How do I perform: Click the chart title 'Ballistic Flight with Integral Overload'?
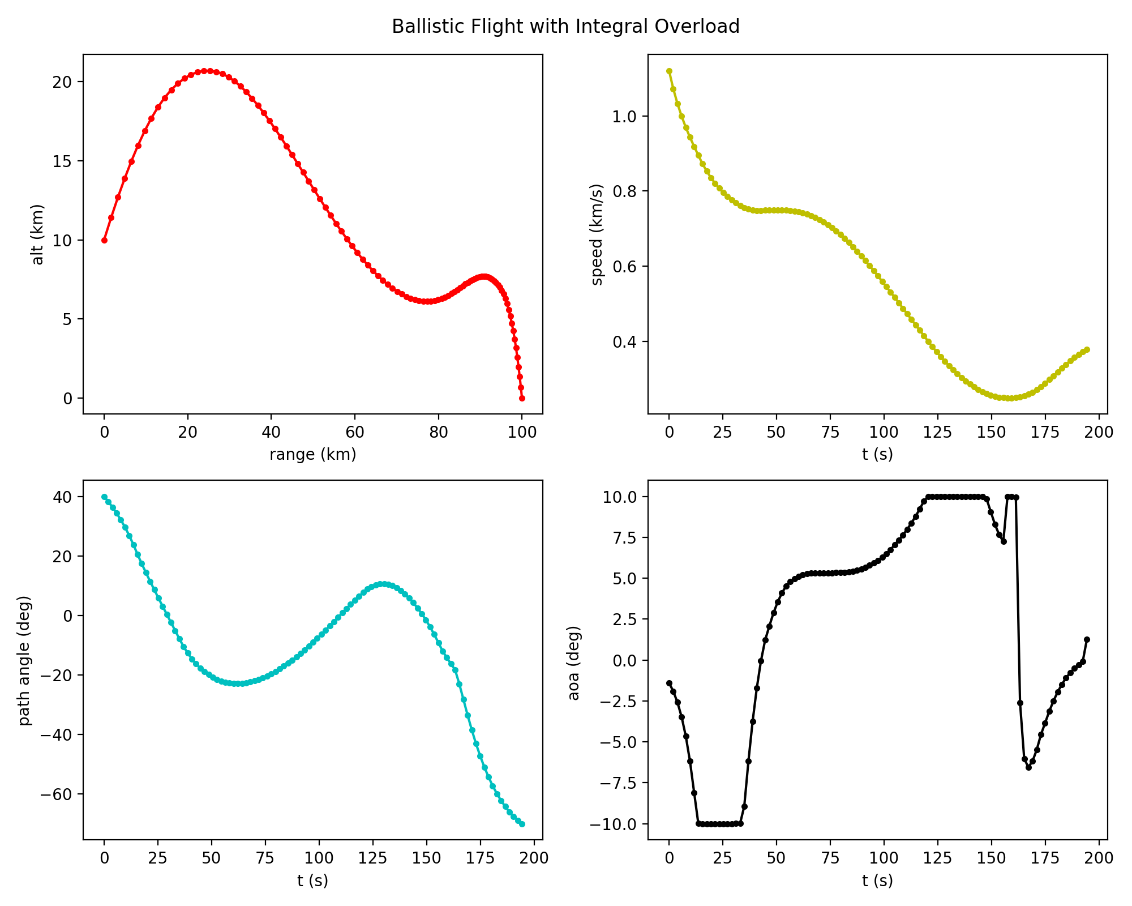tap(565, 27)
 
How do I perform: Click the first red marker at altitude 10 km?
tap(104, 240)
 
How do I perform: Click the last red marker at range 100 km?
tap(522, 399)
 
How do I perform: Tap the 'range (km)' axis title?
tap(312, 455)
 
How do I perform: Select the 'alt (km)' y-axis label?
tap(37, 234)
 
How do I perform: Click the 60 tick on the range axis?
tap(355, 433)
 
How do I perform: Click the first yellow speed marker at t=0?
tap(669, 71)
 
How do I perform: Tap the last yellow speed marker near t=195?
tap(1087, 350)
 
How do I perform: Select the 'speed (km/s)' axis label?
tap(597, 234)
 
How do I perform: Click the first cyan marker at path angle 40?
tap(104, 497)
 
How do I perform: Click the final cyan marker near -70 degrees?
tap(522, 824)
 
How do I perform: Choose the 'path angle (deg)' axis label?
tap(25, 660)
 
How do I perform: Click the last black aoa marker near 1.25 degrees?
tap(1087, 640)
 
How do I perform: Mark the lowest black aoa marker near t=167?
tap(1028, 767)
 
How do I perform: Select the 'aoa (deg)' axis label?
tap(574, 663)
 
